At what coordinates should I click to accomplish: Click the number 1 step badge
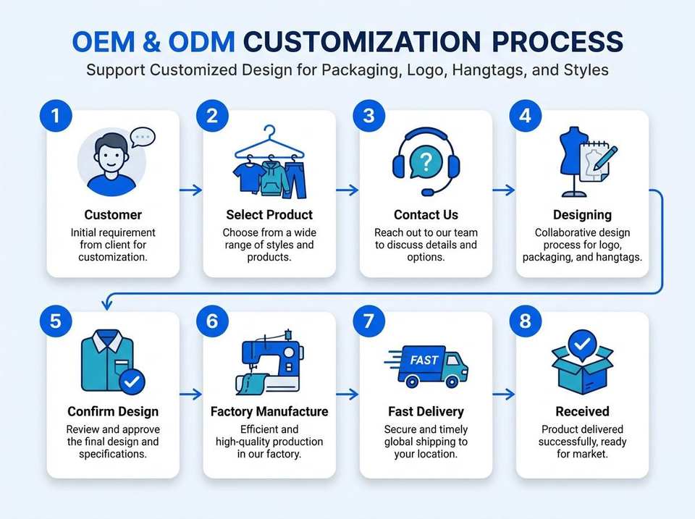[x=56, y=116]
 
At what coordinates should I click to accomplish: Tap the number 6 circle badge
[x=212, y=321]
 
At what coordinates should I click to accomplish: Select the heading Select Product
[x=269, y=215]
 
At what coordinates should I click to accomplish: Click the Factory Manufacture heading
[x=269, y=412]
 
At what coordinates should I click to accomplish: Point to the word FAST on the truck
[x=424, y=360]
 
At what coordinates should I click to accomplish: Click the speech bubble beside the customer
[x=143, y=138]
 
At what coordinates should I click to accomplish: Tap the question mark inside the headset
[x=426, y=163]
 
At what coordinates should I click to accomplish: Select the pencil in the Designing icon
[x=605, y=158]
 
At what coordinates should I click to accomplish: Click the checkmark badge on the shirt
[x=132, y=381]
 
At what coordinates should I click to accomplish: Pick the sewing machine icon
[x=269, y=362]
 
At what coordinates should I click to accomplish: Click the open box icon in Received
[x=582, y=363]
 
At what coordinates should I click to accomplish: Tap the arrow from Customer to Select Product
[x=191, y=190]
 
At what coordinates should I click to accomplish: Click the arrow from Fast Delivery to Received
[x=504, y=394]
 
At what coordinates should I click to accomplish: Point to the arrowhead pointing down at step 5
[x=106, y=305]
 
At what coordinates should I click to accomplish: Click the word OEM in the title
[x=104, y=42]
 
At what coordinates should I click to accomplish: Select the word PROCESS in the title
[x=557, y=42]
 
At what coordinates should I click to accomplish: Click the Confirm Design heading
[x=113, y=412]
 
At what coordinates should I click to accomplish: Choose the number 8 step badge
[x=526, y=321]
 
